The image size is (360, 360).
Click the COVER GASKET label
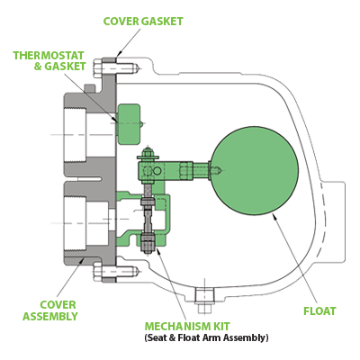pyautogui.click(x=143, y=22)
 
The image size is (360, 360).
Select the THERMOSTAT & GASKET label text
pyautogui.click(x=49, y=61)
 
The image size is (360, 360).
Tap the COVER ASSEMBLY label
pyautogui.click(x=50, y=310)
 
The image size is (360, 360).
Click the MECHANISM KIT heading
pyautogui.click(x=187, y=326)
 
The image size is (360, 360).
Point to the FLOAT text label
pyautogui.click(x=319, y=311)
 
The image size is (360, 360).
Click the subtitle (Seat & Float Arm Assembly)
pyautogui.click(x=206, y=337)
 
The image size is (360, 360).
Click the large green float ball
pyautogui.click(x=255, y=170)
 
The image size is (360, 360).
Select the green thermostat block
pyautogui.click(x=129, y=124)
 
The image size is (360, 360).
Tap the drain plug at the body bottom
pyautogui.click(x=204, y=301)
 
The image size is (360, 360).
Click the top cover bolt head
pyautogui.click(x=98, y=68)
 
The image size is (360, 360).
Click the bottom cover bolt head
pyautogui.click(x=98, y=272)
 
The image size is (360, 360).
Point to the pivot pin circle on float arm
pyautogui.click(x=157, y=171)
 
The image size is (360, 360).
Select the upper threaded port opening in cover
pyautogui.click(x=75, y=135)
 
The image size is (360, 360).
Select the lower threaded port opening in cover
pyautogui.click(x=75, y=224)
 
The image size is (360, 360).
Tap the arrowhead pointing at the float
pyautogui.click(x=274, y=217)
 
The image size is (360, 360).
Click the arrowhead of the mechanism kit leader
pyautogui.click(x=158, y=251)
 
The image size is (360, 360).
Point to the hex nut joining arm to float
pyautogui.click(x=186, y=171)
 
